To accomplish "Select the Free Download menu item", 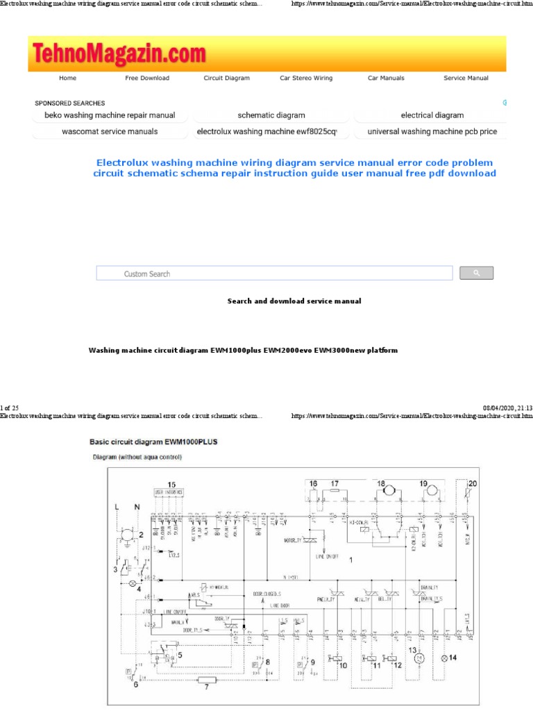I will click(147, 78).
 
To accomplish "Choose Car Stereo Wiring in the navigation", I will click(306, 78).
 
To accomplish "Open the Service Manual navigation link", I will click(466, 78).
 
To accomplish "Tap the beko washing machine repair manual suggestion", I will click(110, 115).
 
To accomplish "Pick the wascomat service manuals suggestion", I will click(110, 131).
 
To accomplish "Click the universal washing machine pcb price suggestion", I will click(432, 131).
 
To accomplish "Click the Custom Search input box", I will click(274, 274).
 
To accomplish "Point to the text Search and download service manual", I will click(294, 301).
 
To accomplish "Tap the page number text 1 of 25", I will click(10, 406).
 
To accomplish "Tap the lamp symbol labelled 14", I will click(445, 656).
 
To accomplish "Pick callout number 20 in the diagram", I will click(473, 484).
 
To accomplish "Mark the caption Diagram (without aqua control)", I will click(137, 458).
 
